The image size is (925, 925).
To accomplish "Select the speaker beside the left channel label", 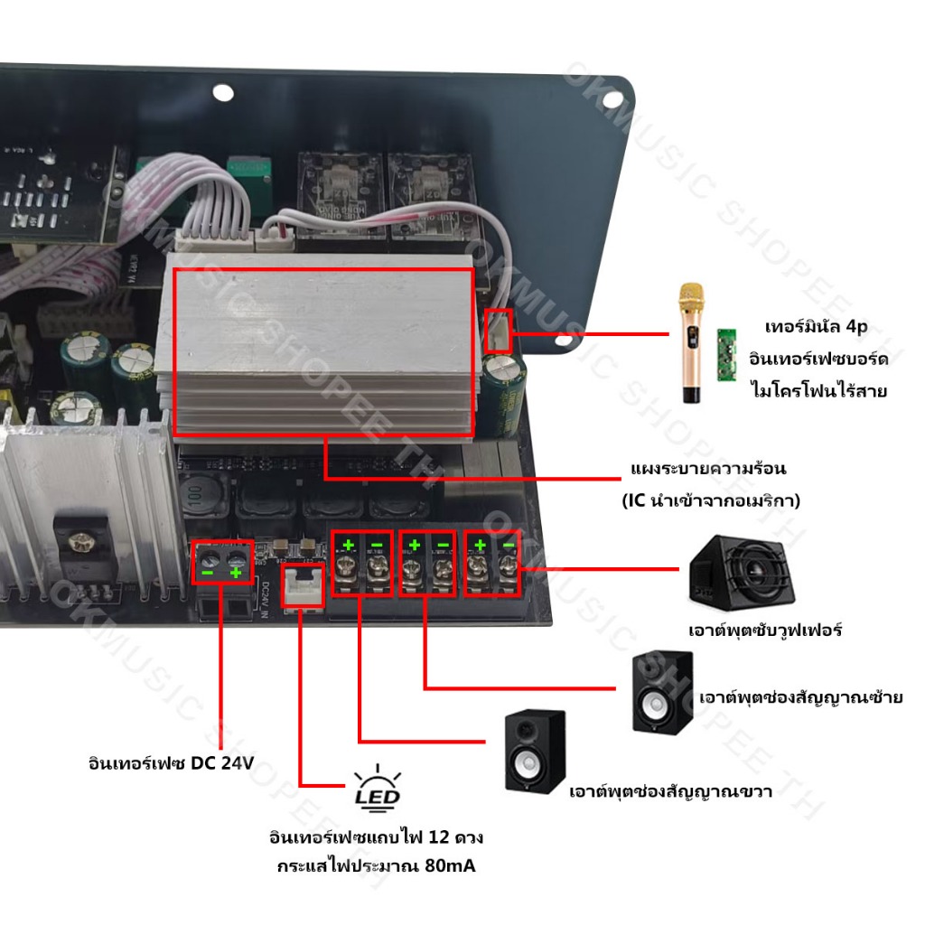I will [x=663, y=691].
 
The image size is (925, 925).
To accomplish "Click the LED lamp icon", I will [x=378, y=787].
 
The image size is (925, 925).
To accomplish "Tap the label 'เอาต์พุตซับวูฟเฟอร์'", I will [x=764, y=630].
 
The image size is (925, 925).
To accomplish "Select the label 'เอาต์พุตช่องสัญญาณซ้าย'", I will [x=801, y=697].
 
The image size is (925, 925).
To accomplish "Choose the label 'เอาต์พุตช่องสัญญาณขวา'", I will [x=669, y=792].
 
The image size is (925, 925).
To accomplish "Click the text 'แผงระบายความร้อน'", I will [x=708, y=469].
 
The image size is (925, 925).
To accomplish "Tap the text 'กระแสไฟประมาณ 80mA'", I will [x=376, y=866].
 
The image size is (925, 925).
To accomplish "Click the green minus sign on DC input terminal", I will [x=208, y=573].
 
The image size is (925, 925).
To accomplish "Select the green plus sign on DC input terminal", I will [x=237, y=573].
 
